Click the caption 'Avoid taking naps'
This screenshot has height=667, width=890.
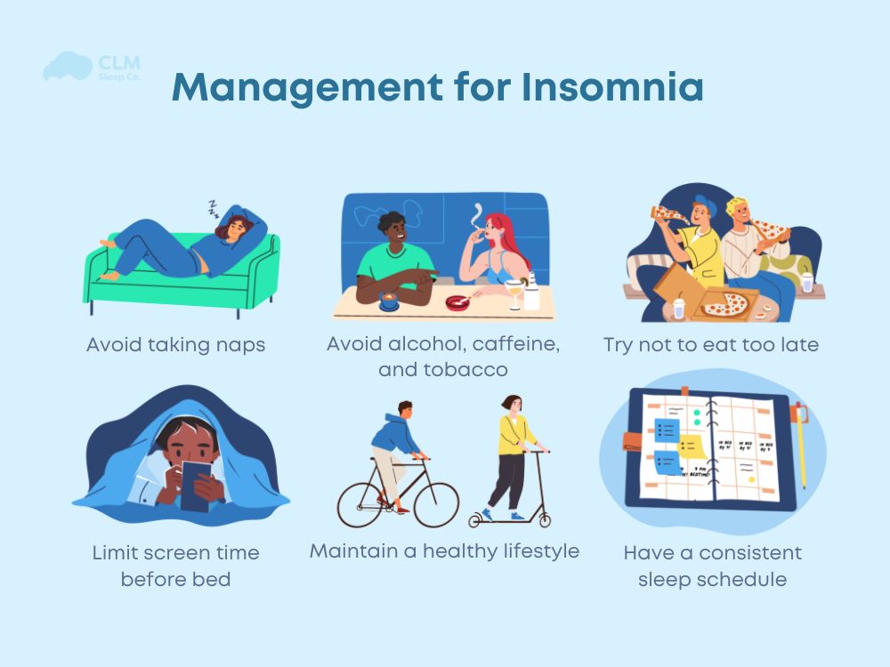(175, 345)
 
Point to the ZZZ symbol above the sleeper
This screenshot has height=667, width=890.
(213, 208)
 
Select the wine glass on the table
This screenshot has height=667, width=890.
(514, 288)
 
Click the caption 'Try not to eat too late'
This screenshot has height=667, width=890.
(710, 345)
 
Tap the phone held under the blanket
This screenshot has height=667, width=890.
(197, 486)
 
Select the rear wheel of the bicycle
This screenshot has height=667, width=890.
(364, 502)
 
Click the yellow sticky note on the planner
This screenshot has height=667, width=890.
(690, 446)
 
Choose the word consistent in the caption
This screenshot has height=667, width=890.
(749, 553)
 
